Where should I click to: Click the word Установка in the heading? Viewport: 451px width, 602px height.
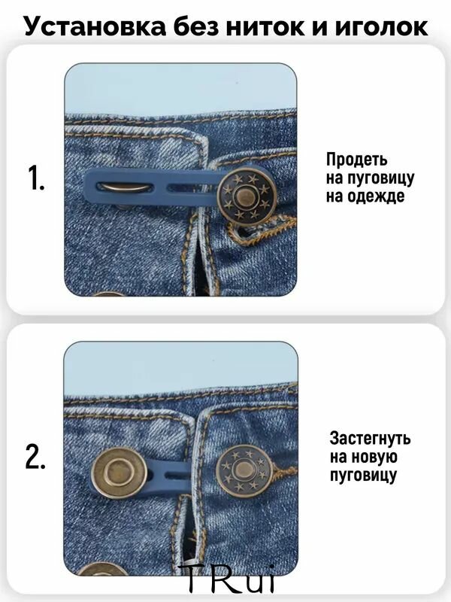tap(95, 26)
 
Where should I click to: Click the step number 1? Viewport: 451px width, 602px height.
tap(36, 178)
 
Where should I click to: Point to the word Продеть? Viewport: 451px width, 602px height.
tap(356, 160)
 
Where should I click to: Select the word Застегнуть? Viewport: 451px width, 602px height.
tap(370, 438)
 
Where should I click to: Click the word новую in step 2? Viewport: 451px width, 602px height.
tap(374, 457)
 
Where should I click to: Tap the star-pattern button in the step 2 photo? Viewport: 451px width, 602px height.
tap(244, 471)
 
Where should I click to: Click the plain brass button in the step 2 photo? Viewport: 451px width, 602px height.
tap(120, 473)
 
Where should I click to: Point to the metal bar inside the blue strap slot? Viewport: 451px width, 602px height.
tap(125, 187)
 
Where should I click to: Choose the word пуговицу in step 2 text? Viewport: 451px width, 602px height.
tap(363, 476)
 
